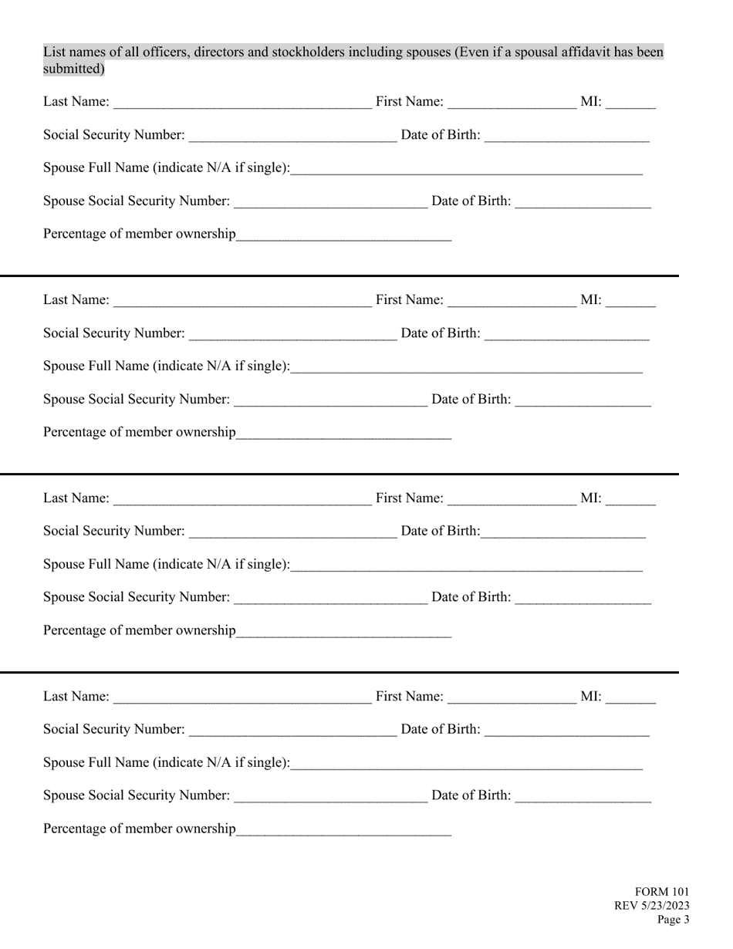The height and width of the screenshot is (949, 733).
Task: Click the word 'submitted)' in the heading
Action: click(x=73, y=69)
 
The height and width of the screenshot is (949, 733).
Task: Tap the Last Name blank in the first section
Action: click(x=242, y=103)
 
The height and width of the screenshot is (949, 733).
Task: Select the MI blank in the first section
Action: click(x=630, y=103)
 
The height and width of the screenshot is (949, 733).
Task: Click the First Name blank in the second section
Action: click(x=512, y=301)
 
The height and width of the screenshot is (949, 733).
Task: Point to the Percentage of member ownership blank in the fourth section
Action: click(x=344, y=829)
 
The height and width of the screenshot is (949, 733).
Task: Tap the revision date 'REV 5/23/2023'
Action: click(x=652, y=906)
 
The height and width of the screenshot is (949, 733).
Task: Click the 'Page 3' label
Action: click(x=674, y=920)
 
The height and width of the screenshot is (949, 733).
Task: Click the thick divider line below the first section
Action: click(x=339, y=275)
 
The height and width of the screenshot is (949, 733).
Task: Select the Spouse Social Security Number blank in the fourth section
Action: click(x=330, y=796)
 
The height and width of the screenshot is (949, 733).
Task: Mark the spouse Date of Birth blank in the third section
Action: click(x=583, y=598)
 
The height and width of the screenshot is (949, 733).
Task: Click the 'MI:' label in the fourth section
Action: click(x=590, y=696)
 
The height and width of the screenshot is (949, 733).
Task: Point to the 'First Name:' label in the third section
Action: click(x=410, y=498)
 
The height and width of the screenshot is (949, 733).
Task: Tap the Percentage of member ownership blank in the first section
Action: click(x=344, y=235)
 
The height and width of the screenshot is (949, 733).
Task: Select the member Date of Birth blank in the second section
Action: click(x=567, y=334)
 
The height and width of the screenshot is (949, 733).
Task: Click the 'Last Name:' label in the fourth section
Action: click(x=76, y=697)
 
